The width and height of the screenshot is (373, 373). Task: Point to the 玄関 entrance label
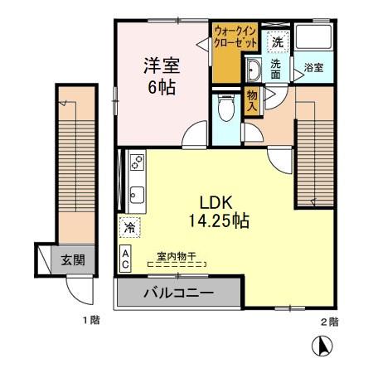(73, 260)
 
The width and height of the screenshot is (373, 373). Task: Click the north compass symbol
(324, 345)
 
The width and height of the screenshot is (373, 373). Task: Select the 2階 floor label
(329, 320)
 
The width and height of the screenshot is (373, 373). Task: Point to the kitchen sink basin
(136, 196)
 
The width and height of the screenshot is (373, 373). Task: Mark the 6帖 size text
(162, 86)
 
